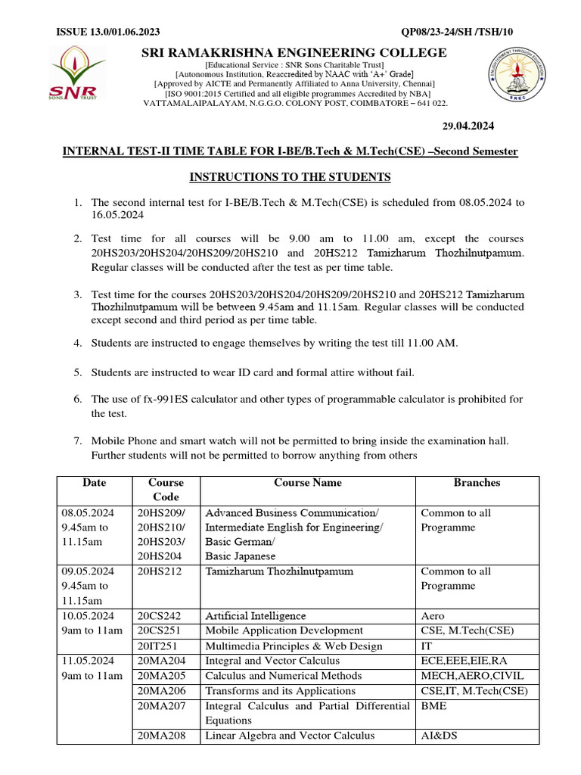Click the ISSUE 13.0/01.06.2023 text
(108, 32)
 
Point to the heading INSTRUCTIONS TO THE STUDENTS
(290, 177)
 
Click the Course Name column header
(308, 483)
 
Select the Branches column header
(477, 483)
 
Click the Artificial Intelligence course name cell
(256, 616)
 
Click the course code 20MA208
(160, 735)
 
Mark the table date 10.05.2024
(88, 616)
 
